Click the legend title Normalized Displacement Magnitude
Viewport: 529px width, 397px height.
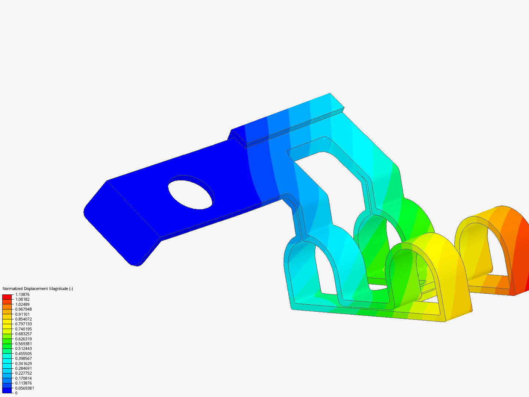[37, 289]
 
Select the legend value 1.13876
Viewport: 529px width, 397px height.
[22, 294]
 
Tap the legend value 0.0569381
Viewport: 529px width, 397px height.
[24, 388]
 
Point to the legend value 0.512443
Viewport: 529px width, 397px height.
[23, 348]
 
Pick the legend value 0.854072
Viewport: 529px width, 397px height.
[23, 319]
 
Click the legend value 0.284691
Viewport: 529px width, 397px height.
[23, 368]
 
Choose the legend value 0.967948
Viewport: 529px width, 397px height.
[23, 309]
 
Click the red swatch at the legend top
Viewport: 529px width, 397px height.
[7, 297]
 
